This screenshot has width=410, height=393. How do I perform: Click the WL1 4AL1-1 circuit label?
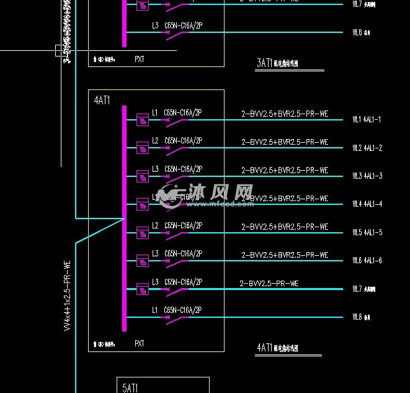coord(367,119)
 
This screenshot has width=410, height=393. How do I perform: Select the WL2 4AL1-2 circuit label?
coord(367,148)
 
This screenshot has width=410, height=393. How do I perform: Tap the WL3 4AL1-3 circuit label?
coord(367,176)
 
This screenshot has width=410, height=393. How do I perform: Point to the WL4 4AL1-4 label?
coord(367,204)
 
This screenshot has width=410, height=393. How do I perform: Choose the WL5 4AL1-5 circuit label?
coord(367,233)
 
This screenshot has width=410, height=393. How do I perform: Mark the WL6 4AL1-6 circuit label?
coord(367,261)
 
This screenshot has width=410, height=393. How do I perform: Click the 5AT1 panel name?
coord(130,388)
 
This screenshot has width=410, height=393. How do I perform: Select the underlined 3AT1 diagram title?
coord(277,63)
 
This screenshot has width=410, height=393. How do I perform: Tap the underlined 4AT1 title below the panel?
coord(277,348)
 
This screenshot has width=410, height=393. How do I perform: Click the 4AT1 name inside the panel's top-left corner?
coord(102,100)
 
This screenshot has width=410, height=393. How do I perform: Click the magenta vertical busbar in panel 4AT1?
coord(125,217)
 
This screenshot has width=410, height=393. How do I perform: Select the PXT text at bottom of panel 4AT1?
coord(140,343)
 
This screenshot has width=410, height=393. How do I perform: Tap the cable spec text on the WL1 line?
coord(284,114)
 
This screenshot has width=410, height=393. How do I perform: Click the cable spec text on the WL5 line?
coord(284,227)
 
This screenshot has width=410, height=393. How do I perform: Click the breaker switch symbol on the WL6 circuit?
coord(177,261)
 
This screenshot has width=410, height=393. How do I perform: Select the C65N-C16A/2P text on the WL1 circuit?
coord(183,112)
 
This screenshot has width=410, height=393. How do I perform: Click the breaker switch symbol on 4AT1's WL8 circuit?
coord(177,318)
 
